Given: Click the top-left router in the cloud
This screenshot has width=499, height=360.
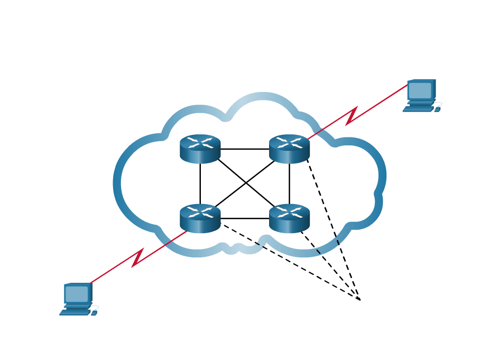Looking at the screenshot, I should coord(200,149).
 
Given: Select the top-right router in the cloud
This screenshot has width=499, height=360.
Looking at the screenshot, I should coord(289,149).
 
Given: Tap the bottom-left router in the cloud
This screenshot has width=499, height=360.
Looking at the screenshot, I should coord(200,218).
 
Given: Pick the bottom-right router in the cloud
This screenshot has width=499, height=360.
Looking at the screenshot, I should coord(289,218).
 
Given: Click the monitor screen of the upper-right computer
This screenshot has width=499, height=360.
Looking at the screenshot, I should coord(420,90).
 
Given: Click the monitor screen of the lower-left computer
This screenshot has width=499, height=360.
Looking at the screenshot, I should coord(77,294).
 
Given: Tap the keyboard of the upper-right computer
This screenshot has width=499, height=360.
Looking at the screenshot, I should coord(418,109).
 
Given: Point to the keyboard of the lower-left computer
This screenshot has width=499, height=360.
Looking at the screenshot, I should coord(75,312).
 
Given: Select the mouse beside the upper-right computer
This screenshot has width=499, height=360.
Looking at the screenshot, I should coord(437,109).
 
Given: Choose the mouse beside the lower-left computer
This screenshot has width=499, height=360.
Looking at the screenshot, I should coord(94,312).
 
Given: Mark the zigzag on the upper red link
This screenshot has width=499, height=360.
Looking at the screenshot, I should coord(352,116).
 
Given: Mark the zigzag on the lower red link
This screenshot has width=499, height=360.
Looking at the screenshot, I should coord(137,257).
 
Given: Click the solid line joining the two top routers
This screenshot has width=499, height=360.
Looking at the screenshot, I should coord(244,149).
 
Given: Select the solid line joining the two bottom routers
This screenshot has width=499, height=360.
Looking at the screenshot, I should coord(244,218).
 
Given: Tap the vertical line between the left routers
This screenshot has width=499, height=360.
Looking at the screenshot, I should coord(200,183).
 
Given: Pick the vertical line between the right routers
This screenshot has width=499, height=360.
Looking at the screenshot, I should coord(289,183).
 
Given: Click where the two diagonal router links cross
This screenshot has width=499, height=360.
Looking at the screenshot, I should coord(245,183).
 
